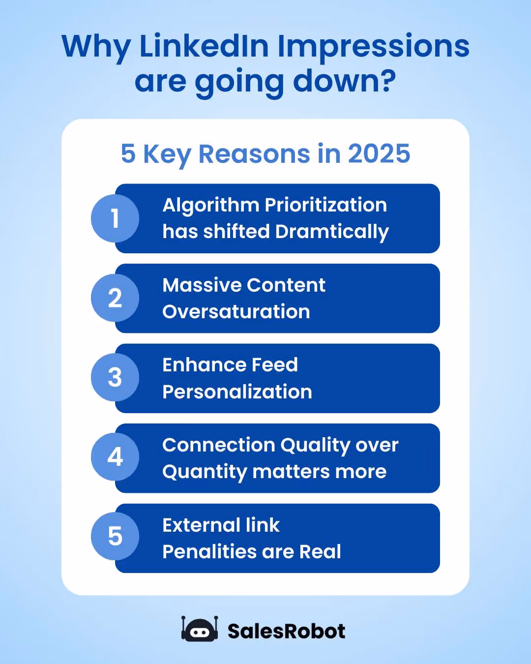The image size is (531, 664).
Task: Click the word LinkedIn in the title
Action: coord(204,46)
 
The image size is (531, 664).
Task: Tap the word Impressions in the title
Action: coord(373,47)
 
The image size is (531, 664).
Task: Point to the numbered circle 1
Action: coord(115,218)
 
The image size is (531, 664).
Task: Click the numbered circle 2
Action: coord(115,298)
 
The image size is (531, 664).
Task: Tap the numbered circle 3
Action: coord(115,378)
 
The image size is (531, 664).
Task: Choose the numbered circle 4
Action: coord(115,457)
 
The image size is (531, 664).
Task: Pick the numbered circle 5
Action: coord(115,537)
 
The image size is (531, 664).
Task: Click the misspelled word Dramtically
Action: coord(332,232)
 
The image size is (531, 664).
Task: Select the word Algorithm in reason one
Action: coord(210,206)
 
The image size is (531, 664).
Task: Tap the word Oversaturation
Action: coord(236,312)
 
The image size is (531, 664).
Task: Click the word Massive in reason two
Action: coord(201,285)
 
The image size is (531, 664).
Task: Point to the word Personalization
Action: coord(237,392)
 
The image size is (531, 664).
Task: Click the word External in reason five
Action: coord(201,525)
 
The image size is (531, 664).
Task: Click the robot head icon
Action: coord(199,630)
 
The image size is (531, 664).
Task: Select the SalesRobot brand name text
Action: coord(286,631)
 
